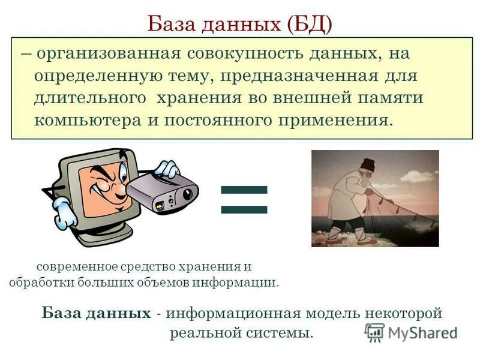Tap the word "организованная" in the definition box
pyautogui.click(x=109, y=54)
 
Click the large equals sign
pyautogui.click(x=243, y=199)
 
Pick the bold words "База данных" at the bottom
pyautogui.click(x=97, y=313)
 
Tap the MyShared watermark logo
pyautogui.click(x=411, y=332)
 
